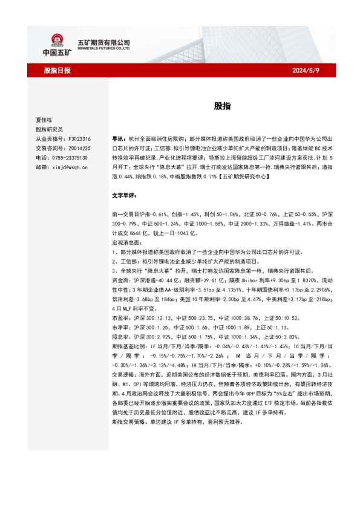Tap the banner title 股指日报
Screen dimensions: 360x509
coord(57,71)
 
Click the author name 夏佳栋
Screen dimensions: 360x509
coord(44,120)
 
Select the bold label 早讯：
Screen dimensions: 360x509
coord(119,138)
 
